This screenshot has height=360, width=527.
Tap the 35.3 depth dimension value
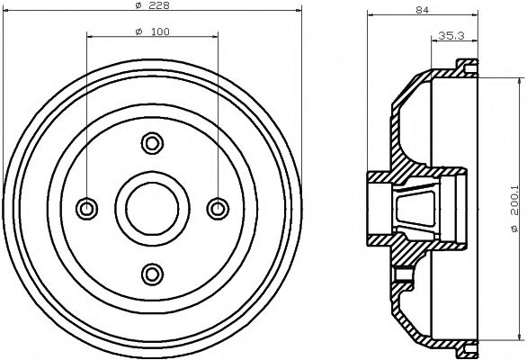(x=451, y=36)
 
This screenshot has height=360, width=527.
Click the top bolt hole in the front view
(x=152, y=142)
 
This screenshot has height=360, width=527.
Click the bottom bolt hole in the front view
(x=152, y=273)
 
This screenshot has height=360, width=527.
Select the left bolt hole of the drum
(x=87, y=208)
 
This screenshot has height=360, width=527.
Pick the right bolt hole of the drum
(x=218, y=208)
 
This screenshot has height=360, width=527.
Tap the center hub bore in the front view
(x=152, y=208)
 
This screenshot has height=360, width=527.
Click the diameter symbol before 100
(x=137, y=33)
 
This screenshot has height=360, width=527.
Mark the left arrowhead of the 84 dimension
(x=372, y=17)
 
